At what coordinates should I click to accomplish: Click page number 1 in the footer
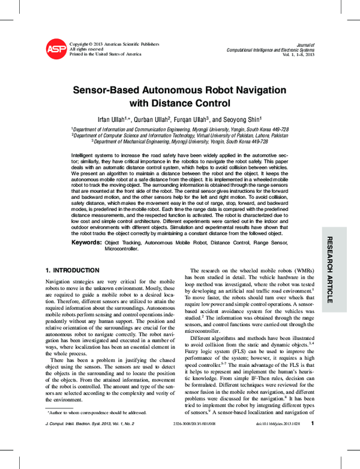313,440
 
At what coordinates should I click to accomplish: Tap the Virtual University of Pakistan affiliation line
180,136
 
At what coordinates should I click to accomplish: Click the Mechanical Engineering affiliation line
180,142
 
